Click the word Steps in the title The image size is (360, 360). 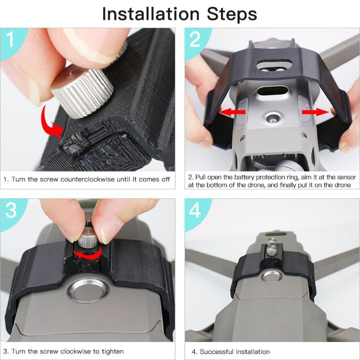pyautogui.click(x=232, y=14)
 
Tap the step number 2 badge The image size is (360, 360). pyautogui.click(x=195, y=40)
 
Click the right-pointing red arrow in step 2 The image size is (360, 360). pyautogui.click(x=314, y=111)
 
